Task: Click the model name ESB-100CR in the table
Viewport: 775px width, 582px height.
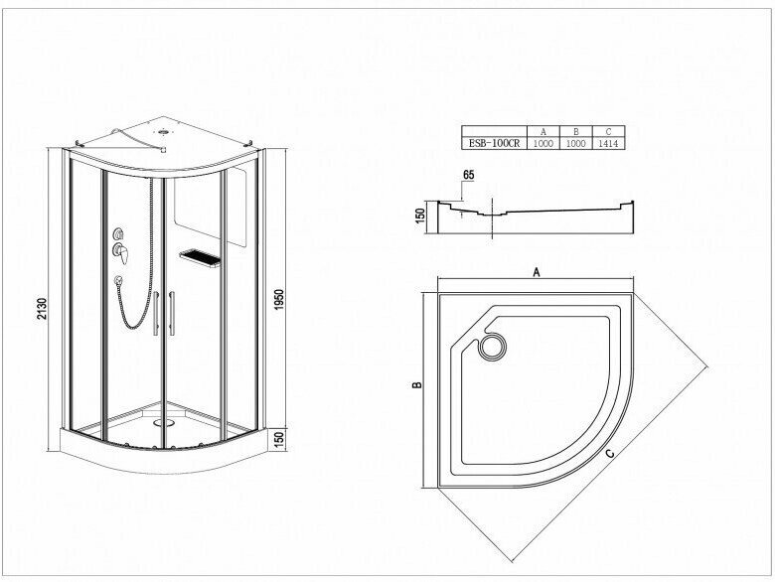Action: pos(494,143)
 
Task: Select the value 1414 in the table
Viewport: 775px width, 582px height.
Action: pos(607,143)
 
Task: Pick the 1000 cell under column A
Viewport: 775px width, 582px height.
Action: pos(542,143)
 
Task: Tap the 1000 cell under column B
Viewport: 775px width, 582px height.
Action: pos(574,143)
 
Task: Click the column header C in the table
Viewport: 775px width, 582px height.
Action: pos(607,131)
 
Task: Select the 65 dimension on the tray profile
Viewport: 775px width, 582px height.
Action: pos(468,177)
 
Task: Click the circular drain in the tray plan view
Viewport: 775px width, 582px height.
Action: pos(490,347)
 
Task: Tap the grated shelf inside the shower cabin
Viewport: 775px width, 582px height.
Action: pos(198,256)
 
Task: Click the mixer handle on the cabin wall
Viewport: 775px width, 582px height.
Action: pos(121,250)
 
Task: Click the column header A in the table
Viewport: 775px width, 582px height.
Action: pos(542,131)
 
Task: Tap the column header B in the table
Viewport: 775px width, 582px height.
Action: pos(574,131)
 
